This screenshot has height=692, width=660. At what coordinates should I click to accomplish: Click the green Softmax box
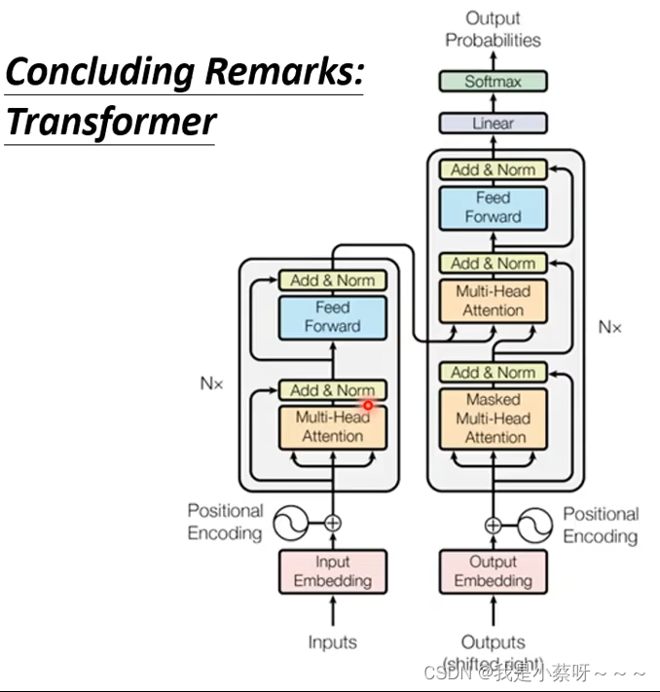[x=493, y=82]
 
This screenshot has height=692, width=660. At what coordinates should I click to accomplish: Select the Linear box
[x=493, y=124]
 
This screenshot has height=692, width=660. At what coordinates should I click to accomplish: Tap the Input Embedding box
[x=333, y=571]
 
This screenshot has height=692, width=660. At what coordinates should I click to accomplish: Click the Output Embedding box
[x=493, y=571]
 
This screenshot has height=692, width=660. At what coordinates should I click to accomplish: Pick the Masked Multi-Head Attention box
[x=493, y=419]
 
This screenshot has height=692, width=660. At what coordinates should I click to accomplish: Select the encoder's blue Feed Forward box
[x=333, y=316]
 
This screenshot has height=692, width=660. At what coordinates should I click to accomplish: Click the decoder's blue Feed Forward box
[x=493, y=207]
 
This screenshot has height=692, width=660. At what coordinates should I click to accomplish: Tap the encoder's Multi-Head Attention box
[x=333, y=427]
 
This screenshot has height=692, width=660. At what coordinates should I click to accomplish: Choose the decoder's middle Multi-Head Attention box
[x=493, y=301]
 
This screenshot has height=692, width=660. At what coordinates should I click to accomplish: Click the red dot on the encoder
[x=368, y=405]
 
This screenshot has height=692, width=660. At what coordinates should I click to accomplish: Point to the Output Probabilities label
[x=493, y=29]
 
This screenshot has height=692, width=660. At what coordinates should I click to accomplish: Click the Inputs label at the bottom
[x=333, y=642]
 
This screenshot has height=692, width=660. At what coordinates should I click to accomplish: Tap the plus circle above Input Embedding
[x=333, y=524]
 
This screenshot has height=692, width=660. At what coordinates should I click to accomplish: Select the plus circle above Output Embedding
[x=493, y=526]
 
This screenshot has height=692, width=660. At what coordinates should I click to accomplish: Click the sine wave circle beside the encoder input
[x=289, y=524]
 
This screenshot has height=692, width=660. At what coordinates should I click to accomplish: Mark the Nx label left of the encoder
[x=211, y=383]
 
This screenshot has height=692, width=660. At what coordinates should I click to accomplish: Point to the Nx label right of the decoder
[x=609, y=326]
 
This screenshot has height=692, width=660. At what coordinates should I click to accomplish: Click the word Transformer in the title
[x=110, y=123]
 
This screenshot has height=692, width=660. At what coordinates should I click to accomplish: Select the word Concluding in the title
[x=99, y=72]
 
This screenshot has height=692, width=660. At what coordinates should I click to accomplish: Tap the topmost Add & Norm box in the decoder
[x=493, y=169]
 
